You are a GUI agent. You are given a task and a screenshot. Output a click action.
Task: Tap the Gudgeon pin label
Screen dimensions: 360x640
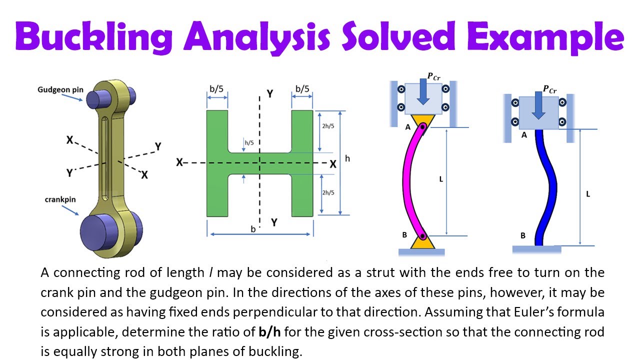tap(60, 90)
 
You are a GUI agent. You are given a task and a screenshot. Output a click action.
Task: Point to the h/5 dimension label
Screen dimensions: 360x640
tap(249, 143)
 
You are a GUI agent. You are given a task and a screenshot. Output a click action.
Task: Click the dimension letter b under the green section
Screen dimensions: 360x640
tap(253, 229)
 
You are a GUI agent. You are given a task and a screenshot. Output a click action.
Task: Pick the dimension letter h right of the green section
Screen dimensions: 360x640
tap(347, 158)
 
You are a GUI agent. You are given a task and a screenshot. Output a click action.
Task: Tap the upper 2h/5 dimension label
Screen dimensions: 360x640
tap(329, 126)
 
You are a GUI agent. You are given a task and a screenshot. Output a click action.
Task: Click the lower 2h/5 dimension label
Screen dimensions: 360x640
tap(329, 192)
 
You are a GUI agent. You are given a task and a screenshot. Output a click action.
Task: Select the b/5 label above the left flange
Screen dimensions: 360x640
tap(216, 89)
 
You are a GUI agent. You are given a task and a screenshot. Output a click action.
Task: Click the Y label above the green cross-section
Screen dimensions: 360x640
tap(269, 93)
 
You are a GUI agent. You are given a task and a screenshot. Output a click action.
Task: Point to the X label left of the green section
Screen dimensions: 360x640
tap(179, 162)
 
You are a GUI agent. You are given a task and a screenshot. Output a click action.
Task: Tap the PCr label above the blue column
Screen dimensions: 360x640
tap(549, 89)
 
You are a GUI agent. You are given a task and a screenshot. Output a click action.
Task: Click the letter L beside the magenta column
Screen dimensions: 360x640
tap(441, 178)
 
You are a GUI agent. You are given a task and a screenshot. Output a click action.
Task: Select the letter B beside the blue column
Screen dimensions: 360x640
tap(523, 235)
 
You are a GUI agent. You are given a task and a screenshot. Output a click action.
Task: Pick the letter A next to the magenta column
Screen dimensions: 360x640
tap(408, 127)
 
